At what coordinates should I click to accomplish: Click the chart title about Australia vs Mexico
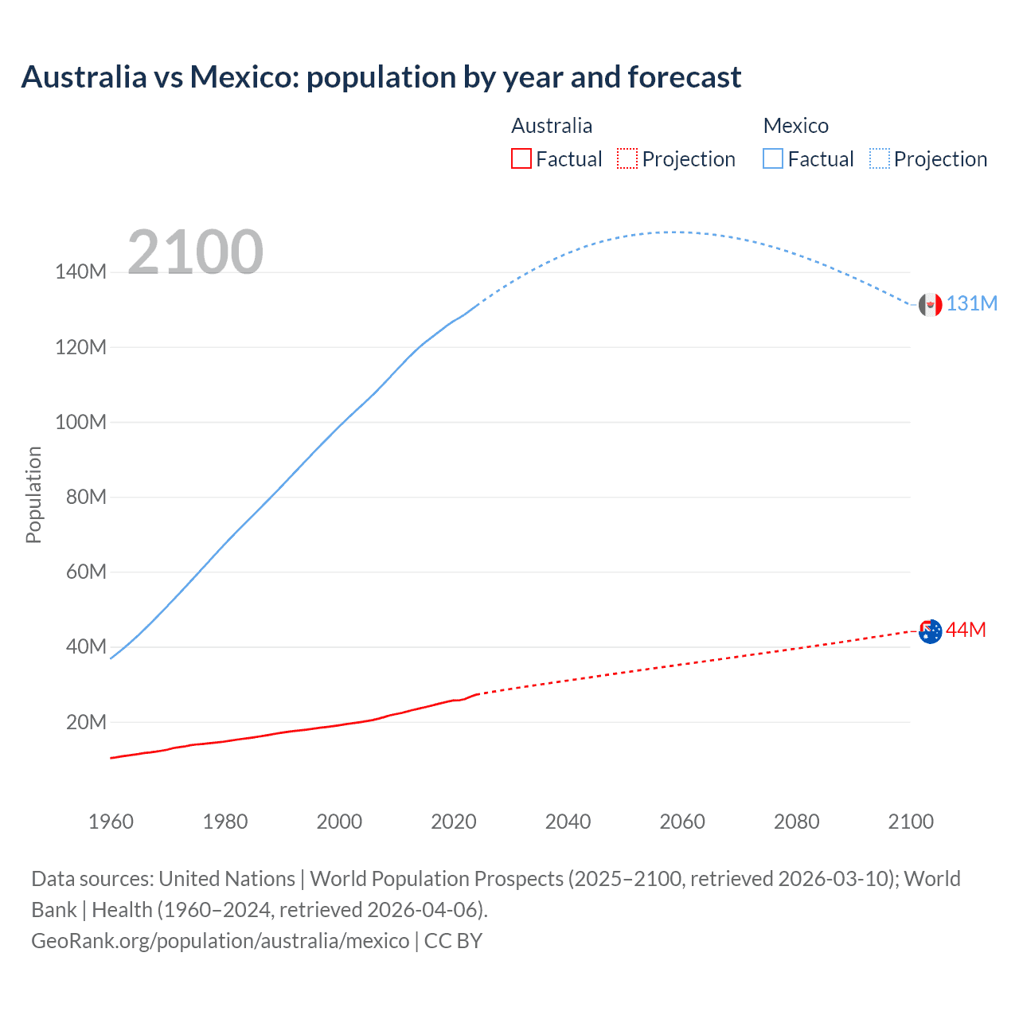point(381,77)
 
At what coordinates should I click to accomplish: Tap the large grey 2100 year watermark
point(195,252)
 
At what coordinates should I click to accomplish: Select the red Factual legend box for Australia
point(521,159)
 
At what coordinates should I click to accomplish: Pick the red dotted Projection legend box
point(627,159)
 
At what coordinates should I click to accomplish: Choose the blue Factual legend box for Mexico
point(773,159)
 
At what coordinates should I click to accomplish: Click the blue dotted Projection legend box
point(879,159)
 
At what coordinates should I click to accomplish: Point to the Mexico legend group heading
point(795,126)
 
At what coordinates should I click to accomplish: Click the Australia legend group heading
point(552,126)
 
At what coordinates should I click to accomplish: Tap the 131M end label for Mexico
point(971,304)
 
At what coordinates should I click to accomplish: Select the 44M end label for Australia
point(966,630)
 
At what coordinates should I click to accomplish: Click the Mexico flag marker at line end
point(930,304)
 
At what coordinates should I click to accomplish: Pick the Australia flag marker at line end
point(930,631)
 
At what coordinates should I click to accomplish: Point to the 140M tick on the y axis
point(80,272)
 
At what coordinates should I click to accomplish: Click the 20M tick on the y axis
point(86,722)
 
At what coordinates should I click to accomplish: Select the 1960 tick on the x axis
point(111,822)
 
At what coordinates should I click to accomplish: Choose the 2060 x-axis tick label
point(682,822)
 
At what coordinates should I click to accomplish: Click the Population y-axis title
point(33,494)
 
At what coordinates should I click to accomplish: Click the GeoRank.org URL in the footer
point(220,941)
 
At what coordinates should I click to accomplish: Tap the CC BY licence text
point(453,941)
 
